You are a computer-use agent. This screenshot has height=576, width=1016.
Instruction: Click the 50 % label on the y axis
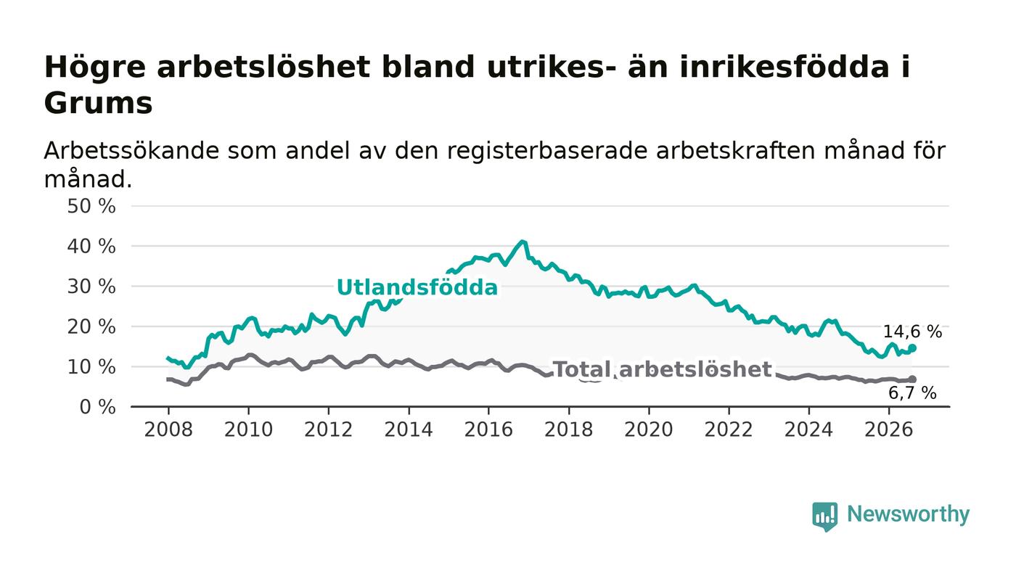(x=91, y=206)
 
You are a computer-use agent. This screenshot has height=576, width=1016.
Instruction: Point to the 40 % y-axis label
(x=91, y=247)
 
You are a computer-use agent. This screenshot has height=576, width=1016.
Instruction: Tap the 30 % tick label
(x=91, y=287)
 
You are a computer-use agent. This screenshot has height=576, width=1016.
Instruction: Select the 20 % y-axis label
(x=91, y=327)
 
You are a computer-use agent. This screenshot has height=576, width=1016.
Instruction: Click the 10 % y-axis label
(x=91, y=367)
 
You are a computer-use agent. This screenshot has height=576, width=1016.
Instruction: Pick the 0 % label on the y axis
(x=97, y=407)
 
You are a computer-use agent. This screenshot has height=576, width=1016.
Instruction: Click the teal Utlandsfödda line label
(x=417, y=287)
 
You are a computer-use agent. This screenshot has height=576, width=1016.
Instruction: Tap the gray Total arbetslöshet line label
(x=663, y=370)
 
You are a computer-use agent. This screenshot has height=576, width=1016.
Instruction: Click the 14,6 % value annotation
(x=912, y=332)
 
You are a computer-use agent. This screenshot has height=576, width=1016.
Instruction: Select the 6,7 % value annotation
(x=912, y=393)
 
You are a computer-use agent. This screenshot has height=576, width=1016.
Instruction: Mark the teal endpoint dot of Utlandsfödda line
(x=912, y=348)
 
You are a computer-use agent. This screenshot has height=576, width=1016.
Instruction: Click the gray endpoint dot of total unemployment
(x=912, y=379)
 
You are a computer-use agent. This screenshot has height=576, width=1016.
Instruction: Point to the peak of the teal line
(x=523, y=242)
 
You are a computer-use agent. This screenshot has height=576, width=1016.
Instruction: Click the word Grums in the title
(x=99, y=104)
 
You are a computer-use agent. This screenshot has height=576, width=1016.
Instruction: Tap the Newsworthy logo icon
(x=824, y=517)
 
